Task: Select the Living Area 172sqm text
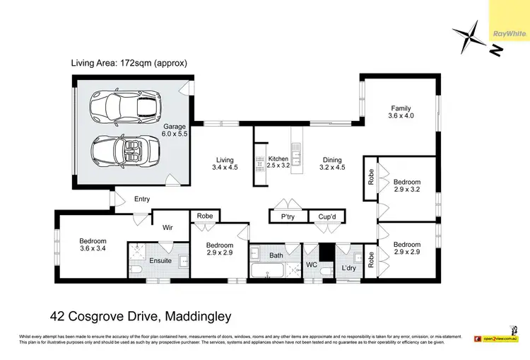[129, 63]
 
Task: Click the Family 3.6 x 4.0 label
[402, 112]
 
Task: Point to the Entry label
[142, 199]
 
